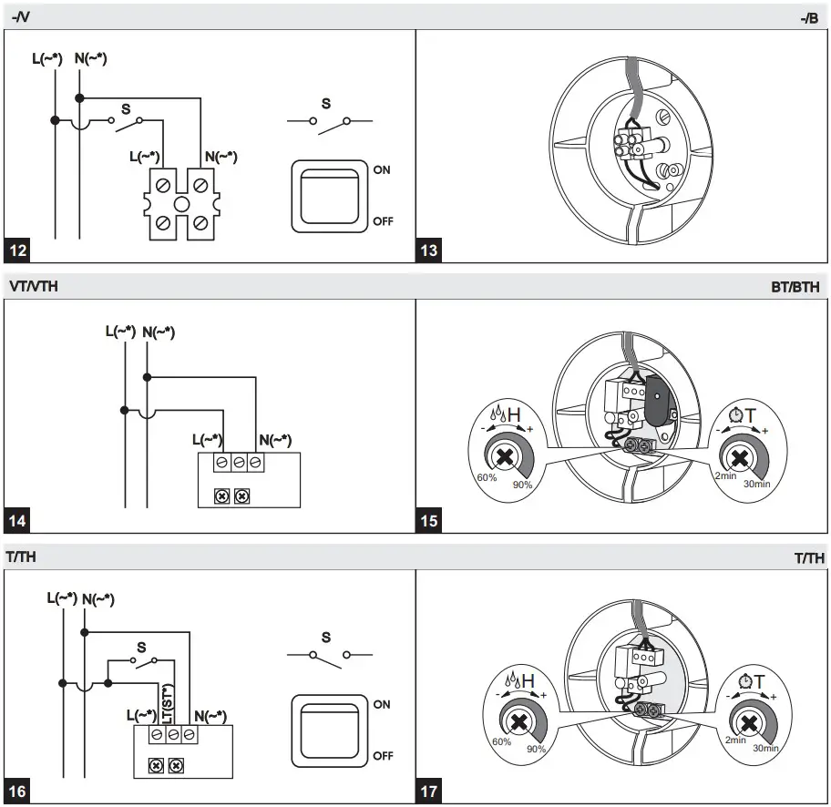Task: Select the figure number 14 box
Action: click(18, 521)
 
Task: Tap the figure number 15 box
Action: click(429, 521)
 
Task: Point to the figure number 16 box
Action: click(18, 792)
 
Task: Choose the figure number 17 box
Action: click(429, 792)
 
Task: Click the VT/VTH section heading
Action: click(34, 286)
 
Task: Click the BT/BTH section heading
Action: click(795, 286)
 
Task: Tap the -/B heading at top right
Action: click(808, 17)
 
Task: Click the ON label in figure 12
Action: click(382, 170)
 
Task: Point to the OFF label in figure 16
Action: click(383, 756)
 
